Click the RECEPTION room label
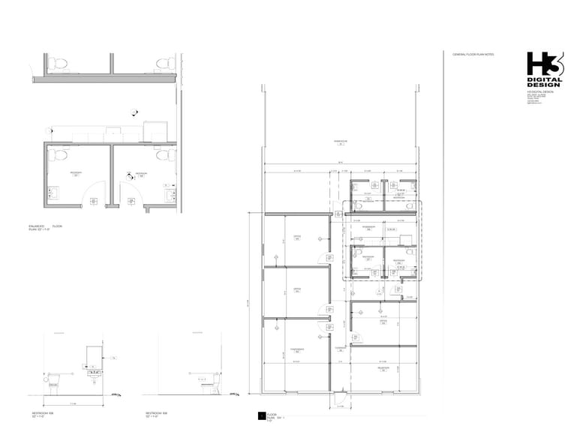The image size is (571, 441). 383,369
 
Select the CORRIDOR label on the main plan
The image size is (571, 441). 340,348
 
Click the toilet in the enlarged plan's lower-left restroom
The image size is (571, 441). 61,155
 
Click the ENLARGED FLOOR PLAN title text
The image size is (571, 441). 49,226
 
